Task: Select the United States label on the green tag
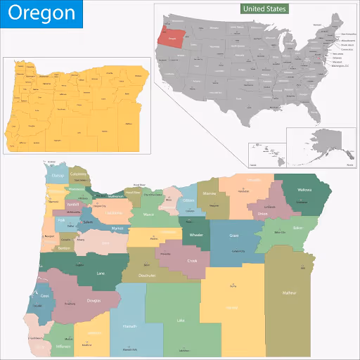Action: point(264,9)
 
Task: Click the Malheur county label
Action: point(289,292)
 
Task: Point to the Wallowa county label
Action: point(304,190)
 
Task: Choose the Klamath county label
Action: point(128,327)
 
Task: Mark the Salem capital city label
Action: point(88,221)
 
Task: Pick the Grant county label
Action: point(234,236)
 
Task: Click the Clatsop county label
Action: point(58,175)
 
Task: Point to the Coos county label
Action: point(44,296)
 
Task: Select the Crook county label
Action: point(192,261)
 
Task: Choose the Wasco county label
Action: point(148,214)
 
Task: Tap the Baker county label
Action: point(278,228)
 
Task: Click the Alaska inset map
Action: point(327,144)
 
